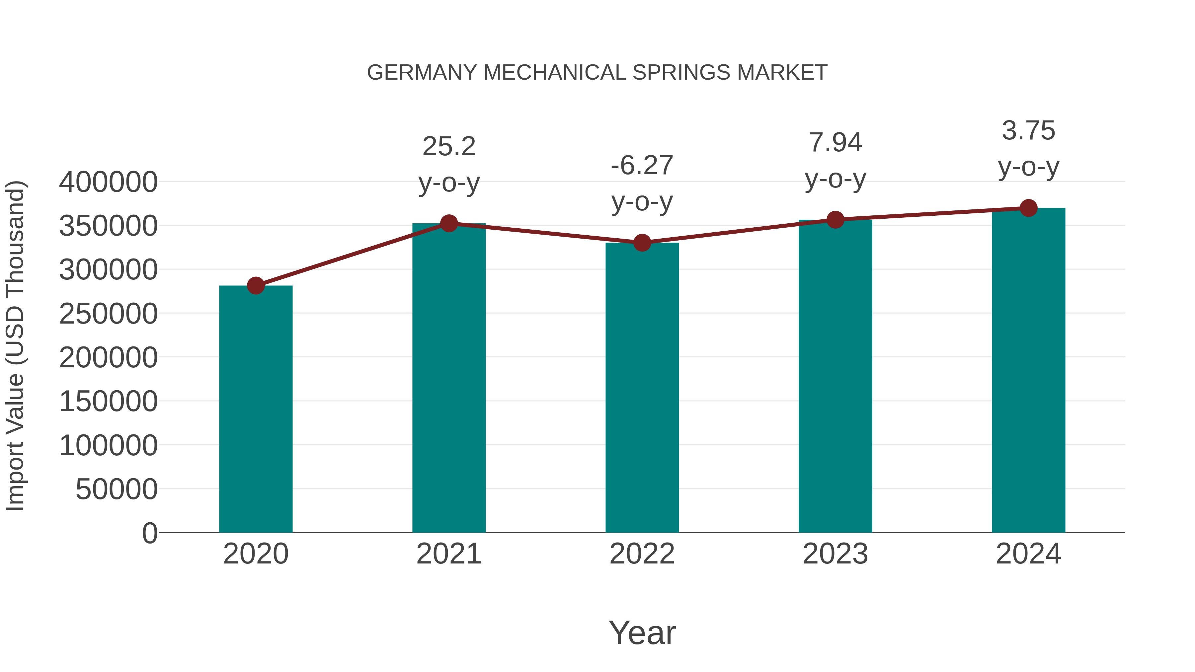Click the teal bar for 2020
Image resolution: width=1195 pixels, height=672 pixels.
(256, 409)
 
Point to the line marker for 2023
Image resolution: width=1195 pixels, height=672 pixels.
(835, 220)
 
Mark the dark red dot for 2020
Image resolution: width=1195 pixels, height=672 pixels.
(256, 286)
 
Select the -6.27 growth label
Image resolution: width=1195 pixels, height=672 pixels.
(642, 166)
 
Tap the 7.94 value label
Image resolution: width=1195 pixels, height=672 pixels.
(835, 142)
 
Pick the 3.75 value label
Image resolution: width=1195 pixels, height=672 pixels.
(1028, 131)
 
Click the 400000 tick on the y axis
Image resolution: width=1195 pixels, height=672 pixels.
(108, 182)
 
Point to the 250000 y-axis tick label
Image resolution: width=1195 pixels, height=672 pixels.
(108, 314)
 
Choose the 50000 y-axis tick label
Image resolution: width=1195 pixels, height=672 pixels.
(117, 489)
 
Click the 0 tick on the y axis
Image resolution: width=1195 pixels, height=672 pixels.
(150, 533)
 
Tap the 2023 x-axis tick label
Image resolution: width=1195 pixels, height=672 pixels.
(835, 554)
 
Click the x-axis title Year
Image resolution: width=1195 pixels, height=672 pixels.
(642, 633)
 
